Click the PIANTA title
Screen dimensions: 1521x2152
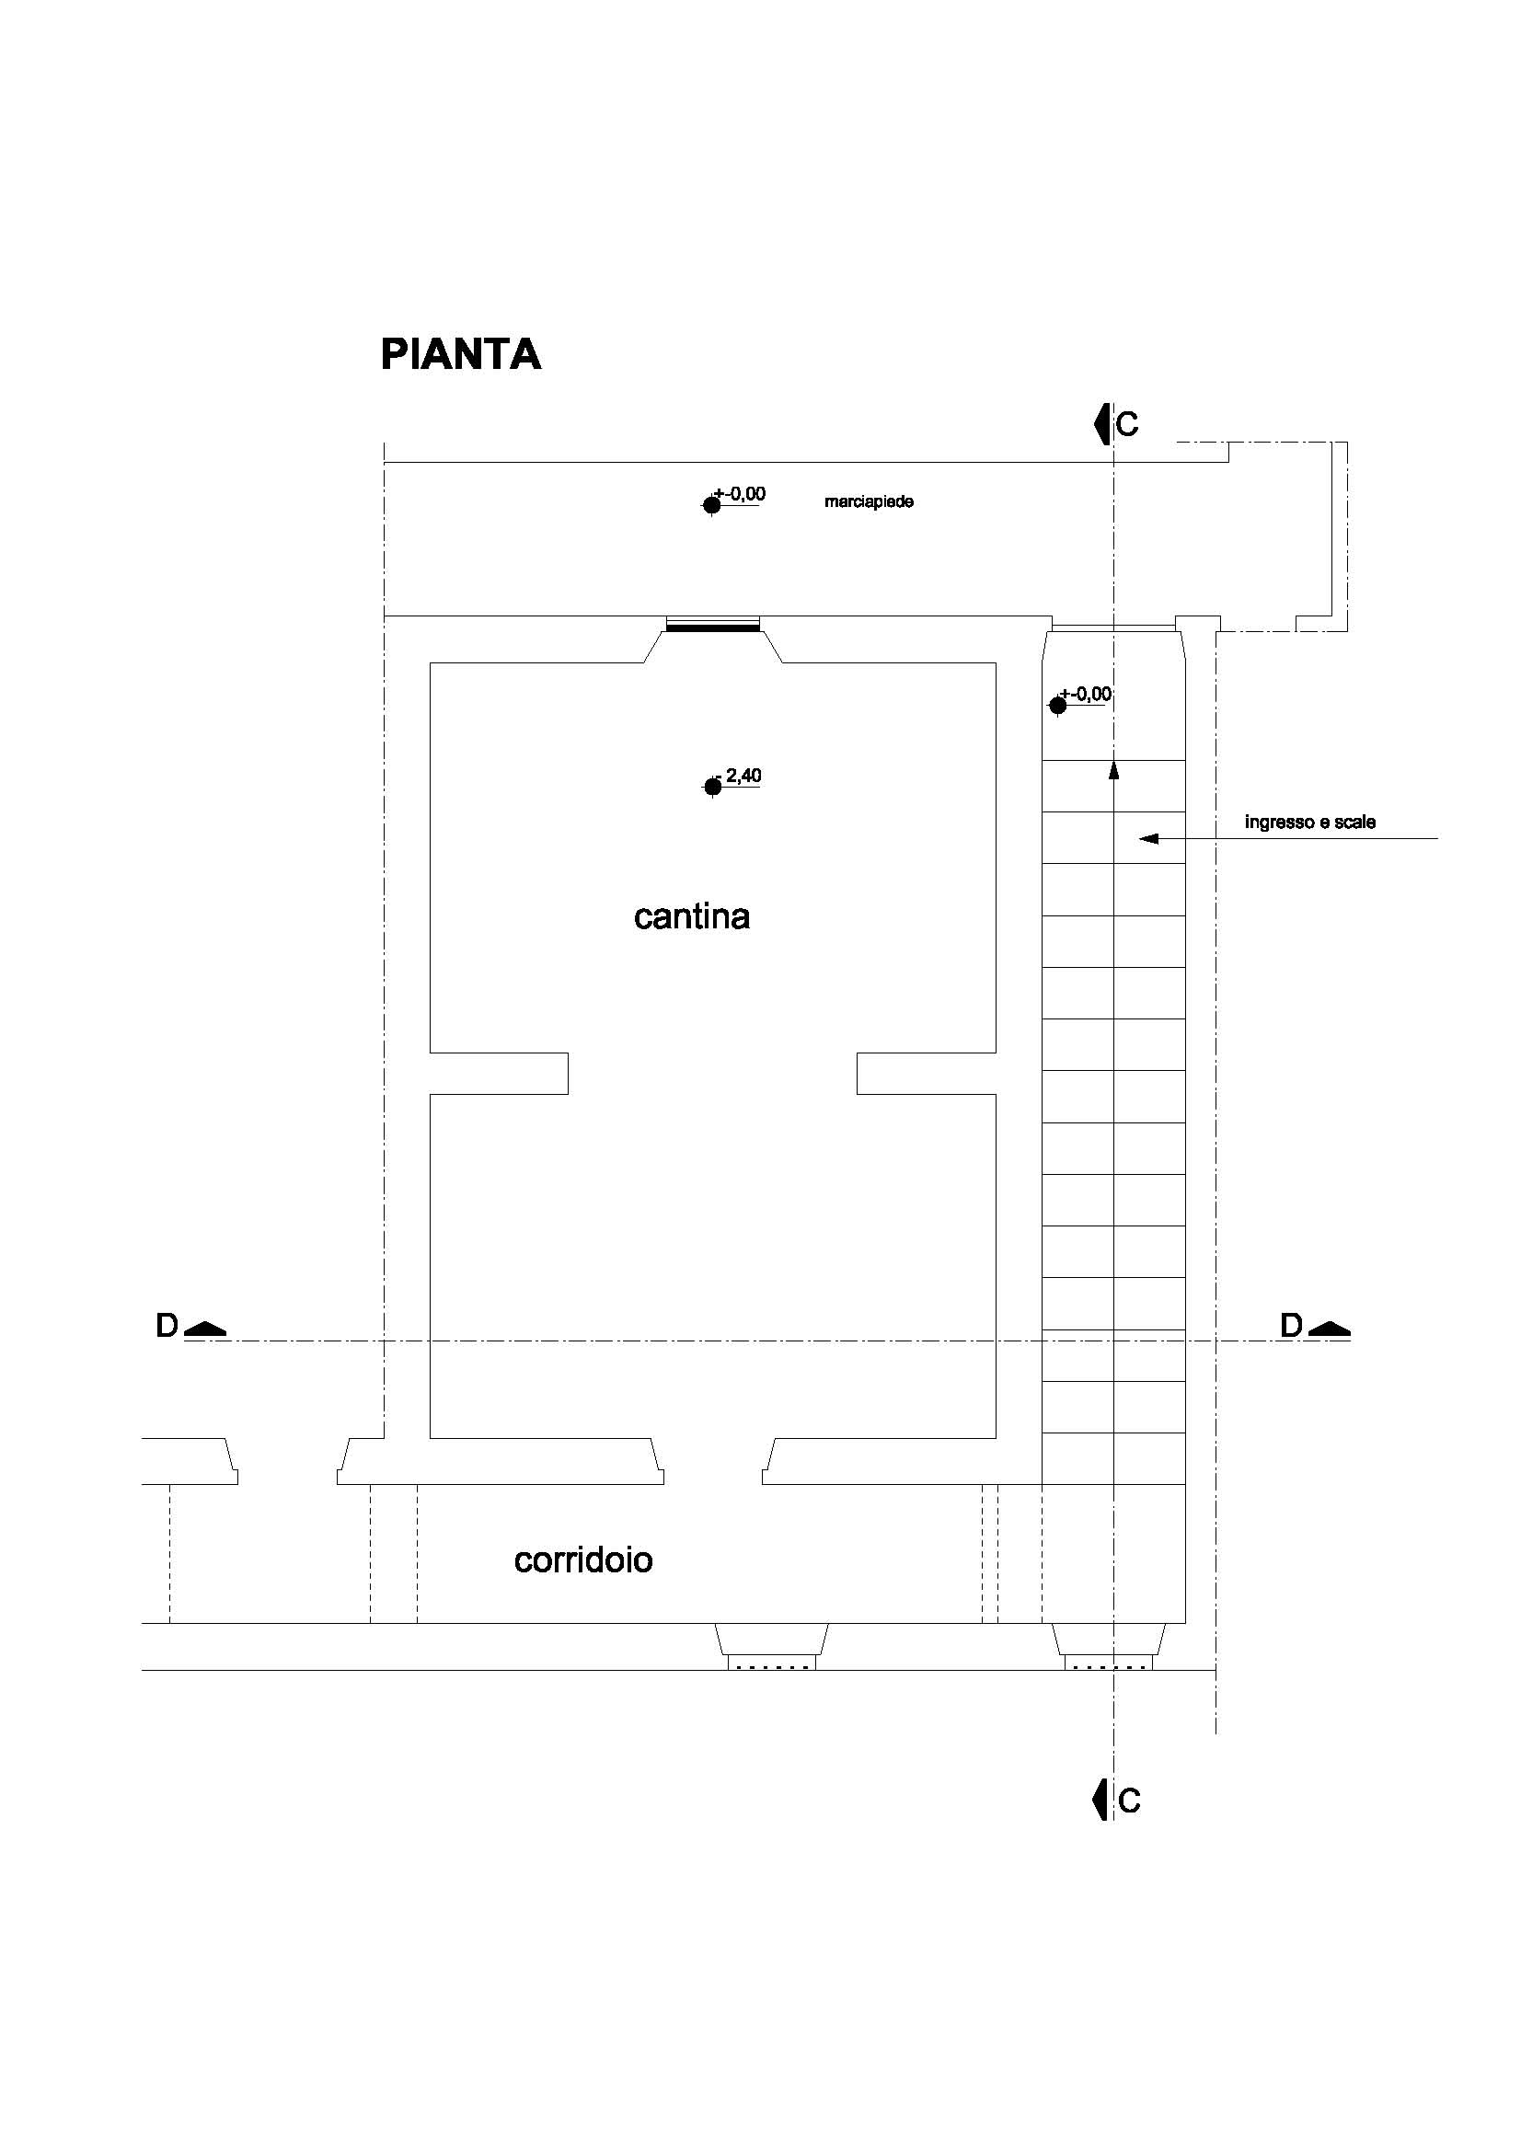pos(460,354)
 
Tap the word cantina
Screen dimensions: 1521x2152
pos(692,915)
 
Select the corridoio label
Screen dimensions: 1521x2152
pos(582,1559)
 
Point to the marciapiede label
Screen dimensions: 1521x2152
pos(869,501)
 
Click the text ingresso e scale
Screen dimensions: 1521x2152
pos(1310,822)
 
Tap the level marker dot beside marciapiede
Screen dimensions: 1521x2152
pos(712,505)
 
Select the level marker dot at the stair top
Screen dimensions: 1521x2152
pos(1058,706)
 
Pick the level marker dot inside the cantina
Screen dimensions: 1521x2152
pos(712,788)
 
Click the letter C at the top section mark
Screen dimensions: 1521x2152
pos(1127,424)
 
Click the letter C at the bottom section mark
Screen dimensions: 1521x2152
pos(1129,1801)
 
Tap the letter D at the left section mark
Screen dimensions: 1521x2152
pos(167,1327)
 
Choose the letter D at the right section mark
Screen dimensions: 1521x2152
pos(1291,1327)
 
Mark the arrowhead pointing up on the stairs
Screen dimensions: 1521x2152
pos(1114,769)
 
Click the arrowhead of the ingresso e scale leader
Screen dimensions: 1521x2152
pos(1149,838)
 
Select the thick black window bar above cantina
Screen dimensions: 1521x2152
pos(712,629)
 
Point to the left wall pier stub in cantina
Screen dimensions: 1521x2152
pos(499,1073)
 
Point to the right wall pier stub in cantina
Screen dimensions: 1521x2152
pos(926,1073)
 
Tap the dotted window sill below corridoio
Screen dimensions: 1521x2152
pos(772,1663)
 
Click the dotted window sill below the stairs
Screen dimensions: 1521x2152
pos(1110,1663)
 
